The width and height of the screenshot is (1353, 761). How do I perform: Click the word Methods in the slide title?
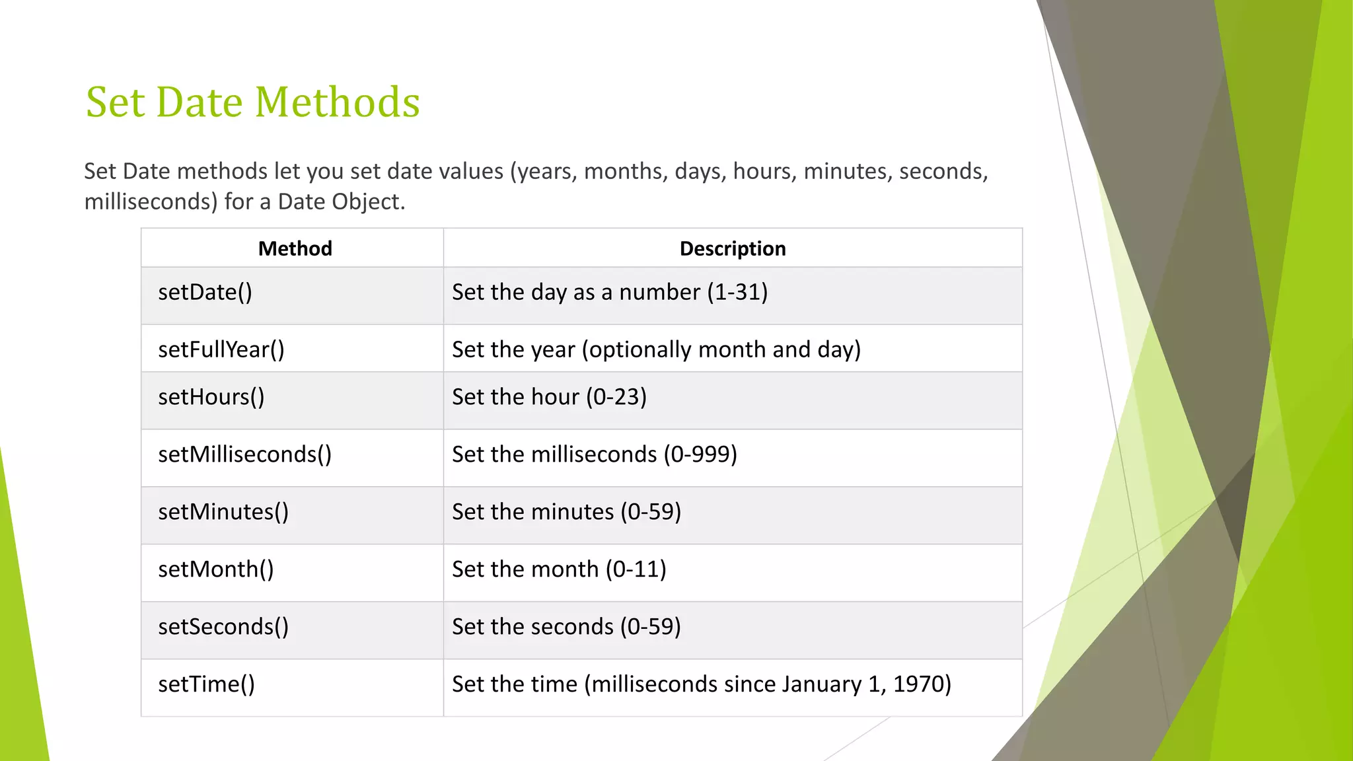337,102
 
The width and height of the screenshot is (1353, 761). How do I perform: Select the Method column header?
295,248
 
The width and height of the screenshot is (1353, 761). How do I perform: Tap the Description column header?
732,248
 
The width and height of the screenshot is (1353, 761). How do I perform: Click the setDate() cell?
205,292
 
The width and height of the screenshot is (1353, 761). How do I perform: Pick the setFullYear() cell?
221,349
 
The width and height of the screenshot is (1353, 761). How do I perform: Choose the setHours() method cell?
211,397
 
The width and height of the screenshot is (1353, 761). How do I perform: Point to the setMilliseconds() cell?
244,454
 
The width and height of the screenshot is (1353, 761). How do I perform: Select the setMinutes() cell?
223,512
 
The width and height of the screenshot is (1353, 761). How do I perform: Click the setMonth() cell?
215,569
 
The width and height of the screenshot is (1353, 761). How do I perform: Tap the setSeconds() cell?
223,627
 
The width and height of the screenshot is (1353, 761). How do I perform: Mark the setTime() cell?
206,684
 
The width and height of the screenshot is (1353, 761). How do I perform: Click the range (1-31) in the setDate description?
737,292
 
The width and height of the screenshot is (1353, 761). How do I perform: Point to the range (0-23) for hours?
616,397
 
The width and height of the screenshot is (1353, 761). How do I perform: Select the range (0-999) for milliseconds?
700,454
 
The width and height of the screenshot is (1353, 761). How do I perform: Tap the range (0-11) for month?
636,569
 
